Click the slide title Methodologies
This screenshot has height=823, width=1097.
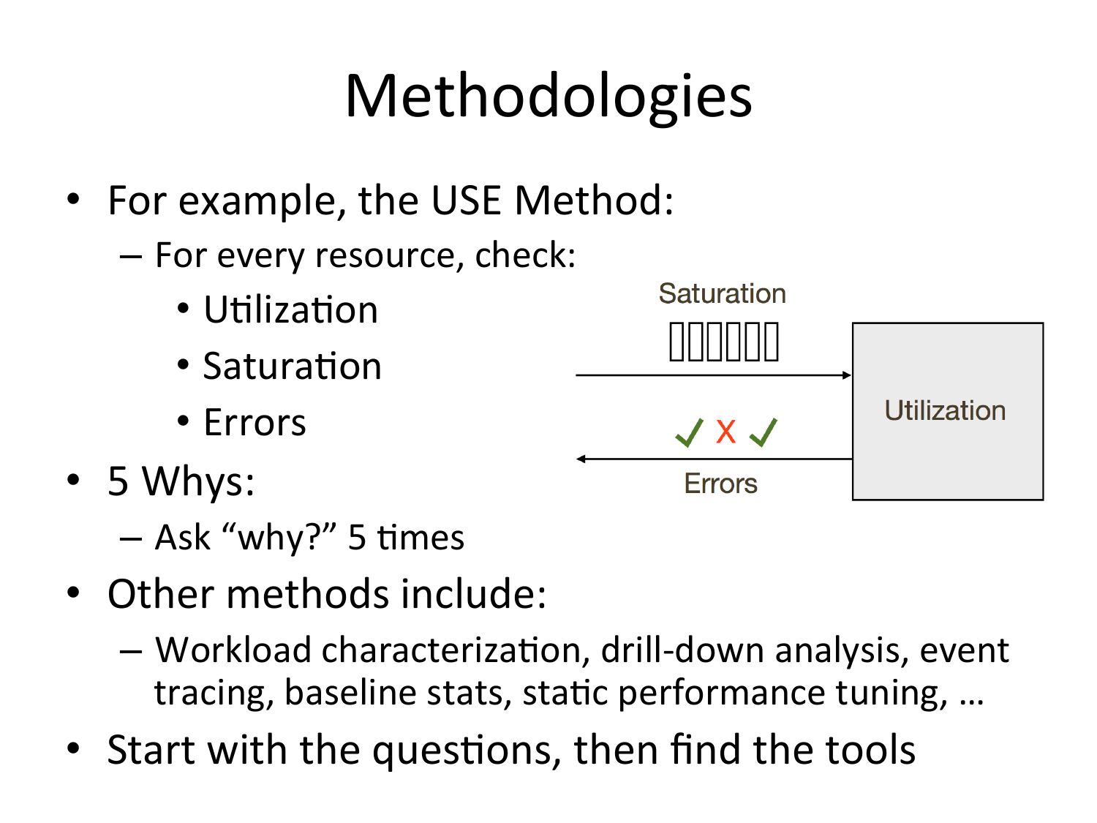(548, 97)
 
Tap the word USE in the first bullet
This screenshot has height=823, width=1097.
(466, 200)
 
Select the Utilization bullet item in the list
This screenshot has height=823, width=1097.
(290, 309)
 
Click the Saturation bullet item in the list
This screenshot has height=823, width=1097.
(293, 366)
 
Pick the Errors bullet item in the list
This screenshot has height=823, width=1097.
(255, 422)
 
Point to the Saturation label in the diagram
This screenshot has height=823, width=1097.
(722, 293)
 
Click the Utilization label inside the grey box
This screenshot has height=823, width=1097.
(945, 410)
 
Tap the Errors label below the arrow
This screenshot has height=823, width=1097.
(720, 484)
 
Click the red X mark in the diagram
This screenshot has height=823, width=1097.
(725, 432)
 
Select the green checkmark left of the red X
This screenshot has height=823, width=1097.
(689, 432)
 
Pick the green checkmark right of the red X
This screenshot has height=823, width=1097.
(764, 432)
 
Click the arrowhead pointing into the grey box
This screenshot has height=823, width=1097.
(847, 375)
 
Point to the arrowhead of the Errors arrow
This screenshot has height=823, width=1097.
(581, 459)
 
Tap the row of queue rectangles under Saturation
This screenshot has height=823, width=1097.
(724, 342)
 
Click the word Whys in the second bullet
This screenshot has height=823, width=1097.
(198, 481)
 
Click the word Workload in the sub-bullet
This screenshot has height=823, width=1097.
(233, 650)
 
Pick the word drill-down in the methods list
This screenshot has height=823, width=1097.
(682, 650)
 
